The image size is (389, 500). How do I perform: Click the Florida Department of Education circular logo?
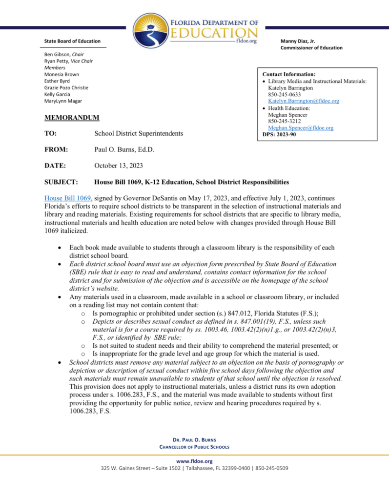pyautogui.click(x=150, y=27)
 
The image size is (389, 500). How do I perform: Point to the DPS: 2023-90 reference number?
pyautogui.click(x=279, y=134)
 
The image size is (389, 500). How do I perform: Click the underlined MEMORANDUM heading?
pyautogui.click(x=72, y=118)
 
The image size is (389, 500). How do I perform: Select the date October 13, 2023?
pyautogui.click(x=119, y=166)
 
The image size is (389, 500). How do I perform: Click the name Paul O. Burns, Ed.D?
pyautogui.click(x=124, y=149)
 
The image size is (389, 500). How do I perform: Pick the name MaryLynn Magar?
pyautogui.click(x=63, y=101)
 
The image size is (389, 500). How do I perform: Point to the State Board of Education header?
pyautogui.click(x=72, y=41)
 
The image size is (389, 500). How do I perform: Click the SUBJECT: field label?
pyautogui.click(x=61, y=182)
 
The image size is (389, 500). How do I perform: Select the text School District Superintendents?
pyautogui.click(x=139, y=133)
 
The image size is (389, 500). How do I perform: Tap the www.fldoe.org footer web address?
pyautogui.click(x=194, y=461)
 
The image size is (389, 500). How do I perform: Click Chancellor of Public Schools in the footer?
pyautogui.click(x=194, y=447)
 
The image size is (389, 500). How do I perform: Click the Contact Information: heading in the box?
pyautogui.click(x=289, y=74)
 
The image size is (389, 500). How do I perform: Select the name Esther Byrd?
pyautogui.click(x=57, y=81)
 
